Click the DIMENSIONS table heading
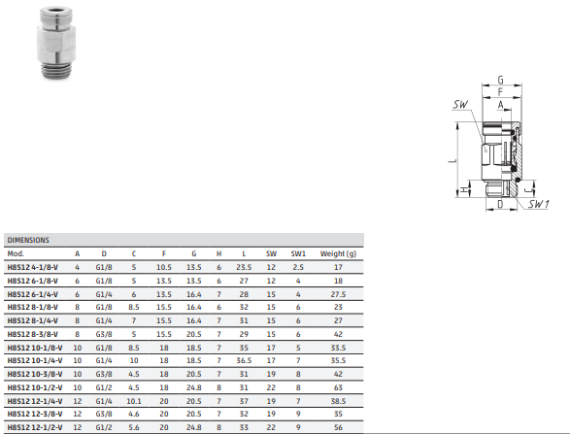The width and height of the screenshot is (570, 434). click(x=28, y=240)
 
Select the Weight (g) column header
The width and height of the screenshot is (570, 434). click(x=338, y=253)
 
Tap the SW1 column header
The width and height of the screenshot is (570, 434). click(x=298, y=253)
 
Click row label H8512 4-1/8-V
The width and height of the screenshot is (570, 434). click(x=33, y=267)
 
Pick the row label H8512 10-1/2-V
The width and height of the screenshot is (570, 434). click(x=35, y=387)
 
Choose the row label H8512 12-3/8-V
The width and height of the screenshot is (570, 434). click(x=35, y=414)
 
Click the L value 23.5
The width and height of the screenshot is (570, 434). click(x=244, y=267)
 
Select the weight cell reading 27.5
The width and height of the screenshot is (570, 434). click(x=338, y=294)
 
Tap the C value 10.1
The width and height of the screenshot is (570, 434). click(x=134, y=401)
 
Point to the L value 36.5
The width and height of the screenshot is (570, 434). click(x=244, y=360)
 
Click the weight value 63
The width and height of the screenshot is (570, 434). click(x=338, y=387)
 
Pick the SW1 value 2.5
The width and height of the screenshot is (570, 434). click(x=298, y=267)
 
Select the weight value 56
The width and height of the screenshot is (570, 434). click(x=338, y=427)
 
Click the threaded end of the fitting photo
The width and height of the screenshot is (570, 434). click(x=55, y=70)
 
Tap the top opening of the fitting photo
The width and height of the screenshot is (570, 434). click(x=56, y=10)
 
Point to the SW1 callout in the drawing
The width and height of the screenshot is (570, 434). click(x=538, y=204)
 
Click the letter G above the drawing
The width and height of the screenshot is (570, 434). click(x=500, y=80)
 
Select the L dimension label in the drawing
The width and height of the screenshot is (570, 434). click(x=453, y=159)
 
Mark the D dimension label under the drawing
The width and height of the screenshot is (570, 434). click(x=500, y=204)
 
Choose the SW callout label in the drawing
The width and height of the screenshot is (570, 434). click(x=460, y=105)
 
